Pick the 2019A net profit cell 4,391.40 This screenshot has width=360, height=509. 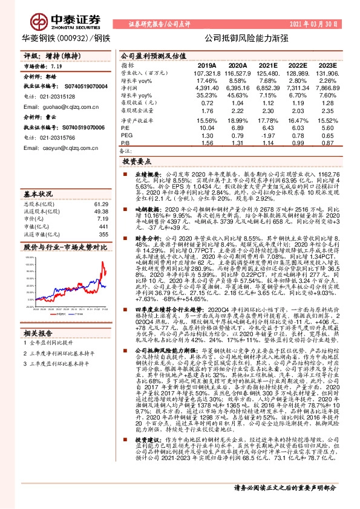pos(205,88)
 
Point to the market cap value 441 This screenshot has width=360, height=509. pos(102,226)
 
